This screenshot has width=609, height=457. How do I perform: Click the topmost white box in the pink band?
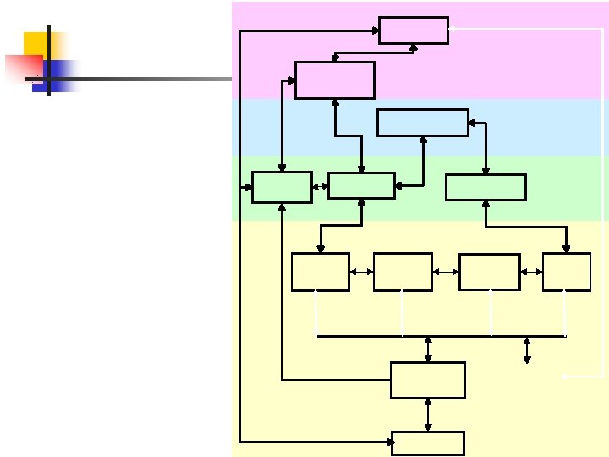[414, 30]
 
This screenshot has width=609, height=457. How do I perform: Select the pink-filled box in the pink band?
[335, 80]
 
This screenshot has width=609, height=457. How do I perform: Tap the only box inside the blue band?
[422, 122]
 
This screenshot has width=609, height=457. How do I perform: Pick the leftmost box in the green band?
[282, 187]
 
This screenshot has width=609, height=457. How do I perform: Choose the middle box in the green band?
[361, 185]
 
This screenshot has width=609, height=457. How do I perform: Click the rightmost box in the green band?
[486, 187]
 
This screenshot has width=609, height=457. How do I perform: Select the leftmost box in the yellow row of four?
[321, 272]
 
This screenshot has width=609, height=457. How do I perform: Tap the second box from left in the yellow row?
[403, 272]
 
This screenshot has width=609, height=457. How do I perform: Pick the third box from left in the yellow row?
[489, 272]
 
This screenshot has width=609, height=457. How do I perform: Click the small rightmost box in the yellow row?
[567, 272]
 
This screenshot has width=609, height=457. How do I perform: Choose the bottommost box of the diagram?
[428, 443]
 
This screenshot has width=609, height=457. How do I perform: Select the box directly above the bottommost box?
[428, 380]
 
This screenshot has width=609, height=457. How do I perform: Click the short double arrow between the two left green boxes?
[320, 186]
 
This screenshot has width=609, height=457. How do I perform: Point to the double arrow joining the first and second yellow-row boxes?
[361, 272]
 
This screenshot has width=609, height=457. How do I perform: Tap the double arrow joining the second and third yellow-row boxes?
[446, 272]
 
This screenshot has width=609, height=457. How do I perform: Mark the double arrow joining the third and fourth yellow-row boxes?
[532, 272]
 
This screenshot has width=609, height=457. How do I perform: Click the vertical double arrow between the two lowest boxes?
[428, 415]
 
